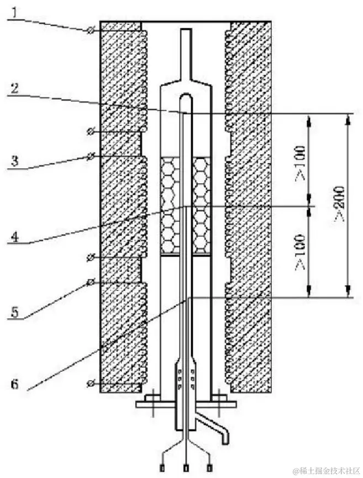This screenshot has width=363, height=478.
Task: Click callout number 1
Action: (x=14, y=13)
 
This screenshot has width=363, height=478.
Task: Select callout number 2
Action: (x=14, y=88)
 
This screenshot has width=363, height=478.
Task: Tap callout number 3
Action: (x=14, y=160)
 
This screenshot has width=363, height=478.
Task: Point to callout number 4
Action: (x=14, y=236)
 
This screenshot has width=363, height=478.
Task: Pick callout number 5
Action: (x=14, y=311)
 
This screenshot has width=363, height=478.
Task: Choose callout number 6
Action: (x=14, y=384)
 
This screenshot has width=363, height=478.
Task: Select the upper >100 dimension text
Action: (x=300, y=164)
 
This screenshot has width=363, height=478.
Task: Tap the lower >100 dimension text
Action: (x=300, y=252)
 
